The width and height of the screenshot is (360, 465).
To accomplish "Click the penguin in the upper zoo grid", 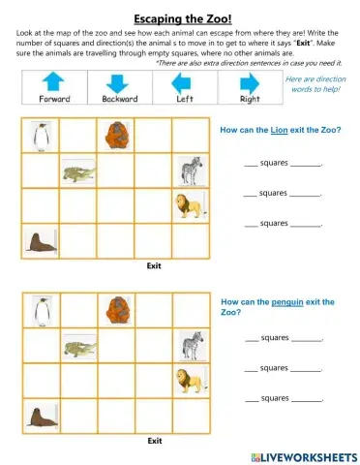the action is pyautogui.click(x=41, y=137).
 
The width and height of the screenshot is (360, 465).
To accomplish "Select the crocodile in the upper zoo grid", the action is pyautogui.click(x=78, y=173).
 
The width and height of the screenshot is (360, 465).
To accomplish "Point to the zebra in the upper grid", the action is pyautogui.click(x=191, y=171).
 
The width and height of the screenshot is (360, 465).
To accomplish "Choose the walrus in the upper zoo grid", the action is pyautogui.click(x=40, y=241).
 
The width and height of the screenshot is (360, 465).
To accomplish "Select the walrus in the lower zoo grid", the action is pyautogui.click(x=40, y=418).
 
